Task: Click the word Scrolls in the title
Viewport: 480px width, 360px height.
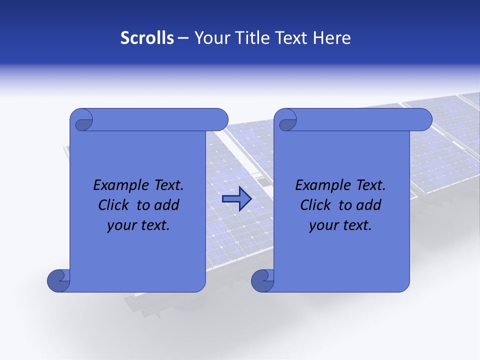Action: click(x=147, y=38)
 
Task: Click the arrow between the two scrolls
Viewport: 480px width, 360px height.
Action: click(x=236, y=199)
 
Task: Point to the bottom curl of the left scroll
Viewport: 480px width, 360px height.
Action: click(x=58, y=280)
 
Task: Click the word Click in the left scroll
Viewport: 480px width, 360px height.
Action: click(x=114, y=205)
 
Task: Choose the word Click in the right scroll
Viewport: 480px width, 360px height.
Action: click(x=316, y=205)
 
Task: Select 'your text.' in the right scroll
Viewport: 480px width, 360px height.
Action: click(x=340, y=225)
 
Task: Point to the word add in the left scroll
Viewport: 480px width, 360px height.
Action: click(x=166, y=205)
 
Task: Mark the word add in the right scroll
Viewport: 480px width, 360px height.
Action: click(x=368, y=205)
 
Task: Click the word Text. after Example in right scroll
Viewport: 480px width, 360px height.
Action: click(x=370, y=185)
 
